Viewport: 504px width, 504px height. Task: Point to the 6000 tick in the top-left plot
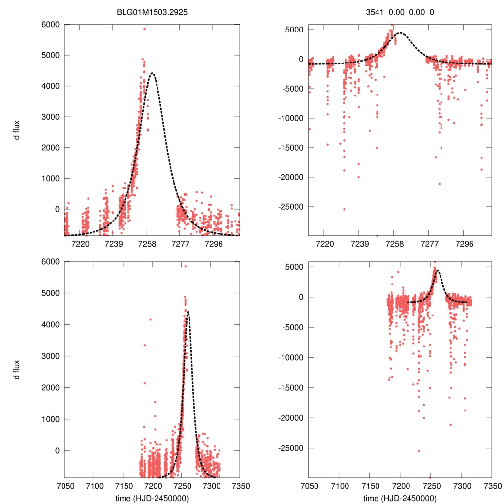pyautogui.click(x=51, y=25)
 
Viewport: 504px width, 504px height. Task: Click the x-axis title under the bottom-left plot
pyautogui.click(x=152, y=498)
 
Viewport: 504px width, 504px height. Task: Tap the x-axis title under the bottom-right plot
pyautogui.click(x=400, y=498)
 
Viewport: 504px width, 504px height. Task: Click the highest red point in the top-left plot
pyautogui.click(x=144, y=29)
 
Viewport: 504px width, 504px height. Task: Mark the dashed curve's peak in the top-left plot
pyautogui.click(x=152, y=73)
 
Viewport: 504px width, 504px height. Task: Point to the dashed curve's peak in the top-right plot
pyautogui.click(x=400, y=33)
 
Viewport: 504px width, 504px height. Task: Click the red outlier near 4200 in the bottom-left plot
pyautogui.click(x=150, y=320)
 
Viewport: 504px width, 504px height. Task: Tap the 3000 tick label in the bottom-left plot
pyautogui.click(x=51, y=356)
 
